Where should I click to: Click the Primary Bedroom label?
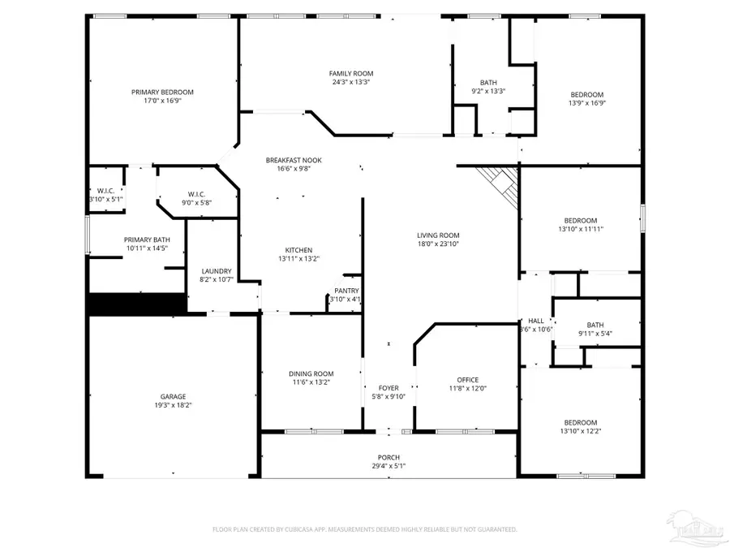pyautogui.click(x=162, y=93)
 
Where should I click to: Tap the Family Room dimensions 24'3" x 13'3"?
pyautogui.click(x=351, y=82)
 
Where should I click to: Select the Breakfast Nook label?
pyautogui.click(x=288, y=160)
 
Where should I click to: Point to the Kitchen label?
pyautogui.click(x=298, y=250)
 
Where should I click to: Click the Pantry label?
pyautogui.click(x=346, y=291)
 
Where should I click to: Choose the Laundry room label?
pyautogui.click(x=216, y=271)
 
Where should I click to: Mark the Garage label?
pyautogui.click(x=173, y=396)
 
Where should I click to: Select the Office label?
pyautogui.click(x=468, y=379)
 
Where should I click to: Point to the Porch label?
pyautogui.click(x=389, y=458)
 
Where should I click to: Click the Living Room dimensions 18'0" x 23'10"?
pyautogui.click(x=438, y=244)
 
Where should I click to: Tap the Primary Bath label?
pyautogui.click(x=147, y=239)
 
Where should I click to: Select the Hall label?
pyautogui.click(x=536, y=321)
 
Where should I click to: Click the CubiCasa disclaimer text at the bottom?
pyautogui.click(x=364, y=529)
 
